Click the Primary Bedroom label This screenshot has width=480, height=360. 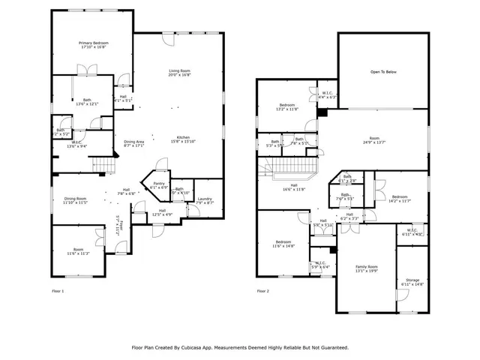point(94,45)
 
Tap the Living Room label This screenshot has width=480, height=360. point(179,72)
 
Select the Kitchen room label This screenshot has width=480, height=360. point(184,139)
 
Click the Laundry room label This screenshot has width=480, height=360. point(205,200)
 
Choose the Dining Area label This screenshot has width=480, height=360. point(134,143)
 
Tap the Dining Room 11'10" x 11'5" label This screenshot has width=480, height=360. point(75,200)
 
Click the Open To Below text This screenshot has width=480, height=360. point(383,72)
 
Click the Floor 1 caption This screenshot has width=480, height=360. point(58,291)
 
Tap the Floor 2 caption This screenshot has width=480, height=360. point(263,291)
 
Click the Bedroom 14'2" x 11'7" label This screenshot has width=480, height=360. point(400,199)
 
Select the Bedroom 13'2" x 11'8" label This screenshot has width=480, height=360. point(288,106)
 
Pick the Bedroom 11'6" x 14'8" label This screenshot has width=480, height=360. point(283,244)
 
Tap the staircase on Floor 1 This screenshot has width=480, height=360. point(103,165)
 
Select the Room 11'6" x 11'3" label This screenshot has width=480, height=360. point(79,252)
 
